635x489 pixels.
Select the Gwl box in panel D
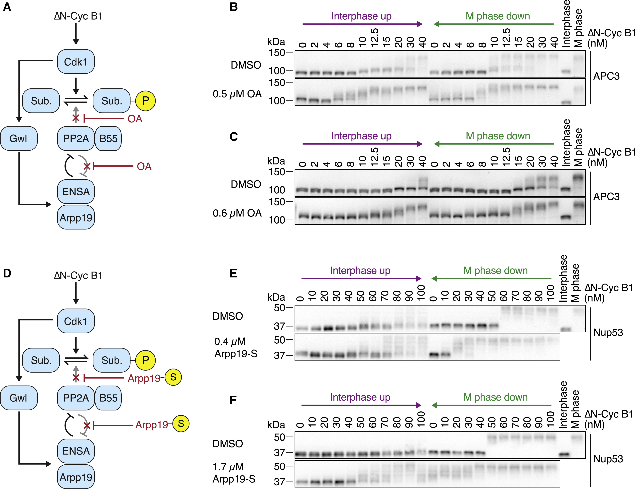(x=19, y=398)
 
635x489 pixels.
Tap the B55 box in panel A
(x=108, y=139)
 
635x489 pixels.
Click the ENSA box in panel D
(x=76, y=451)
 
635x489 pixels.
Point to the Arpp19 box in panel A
(x=76, y=217)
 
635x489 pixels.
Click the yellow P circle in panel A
(x=145, y=101)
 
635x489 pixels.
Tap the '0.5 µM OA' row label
(x=237, y=94)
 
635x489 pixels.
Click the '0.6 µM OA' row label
(x=237, y=213)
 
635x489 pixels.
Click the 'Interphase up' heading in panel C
(x=361, y=136)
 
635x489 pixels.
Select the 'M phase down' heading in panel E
(x=495, y=270)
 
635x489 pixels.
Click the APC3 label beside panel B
(x=606, y=76)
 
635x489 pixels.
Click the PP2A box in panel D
(x=76, y=398)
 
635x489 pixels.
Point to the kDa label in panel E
(x=276, y=297)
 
